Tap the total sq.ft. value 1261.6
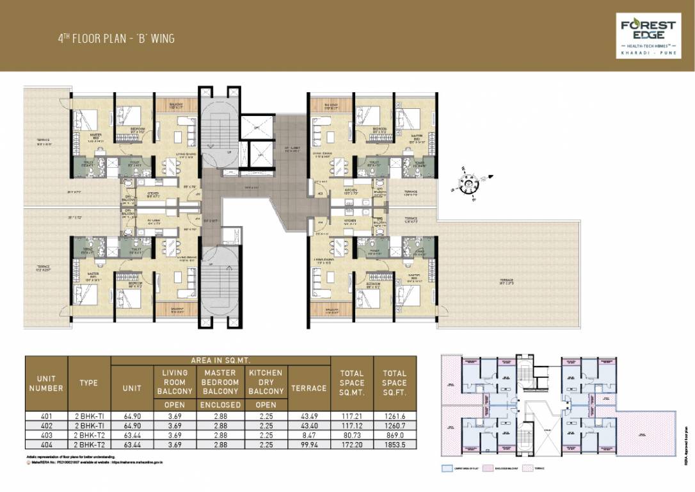394,416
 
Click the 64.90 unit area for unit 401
131,416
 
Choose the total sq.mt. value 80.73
351,434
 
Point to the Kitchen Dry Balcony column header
266,382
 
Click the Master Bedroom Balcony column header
221,382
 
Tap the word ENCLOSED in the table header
221,405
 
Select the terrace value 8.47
308,434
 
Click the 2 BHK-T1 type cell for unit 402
88,425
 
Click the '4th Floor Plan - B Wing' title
116,38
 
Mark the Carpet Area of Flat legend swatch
447,468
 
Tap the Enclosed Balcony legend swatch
488,468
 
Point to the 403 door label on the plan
319,193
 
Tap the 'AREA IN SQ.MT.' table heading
220,361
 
